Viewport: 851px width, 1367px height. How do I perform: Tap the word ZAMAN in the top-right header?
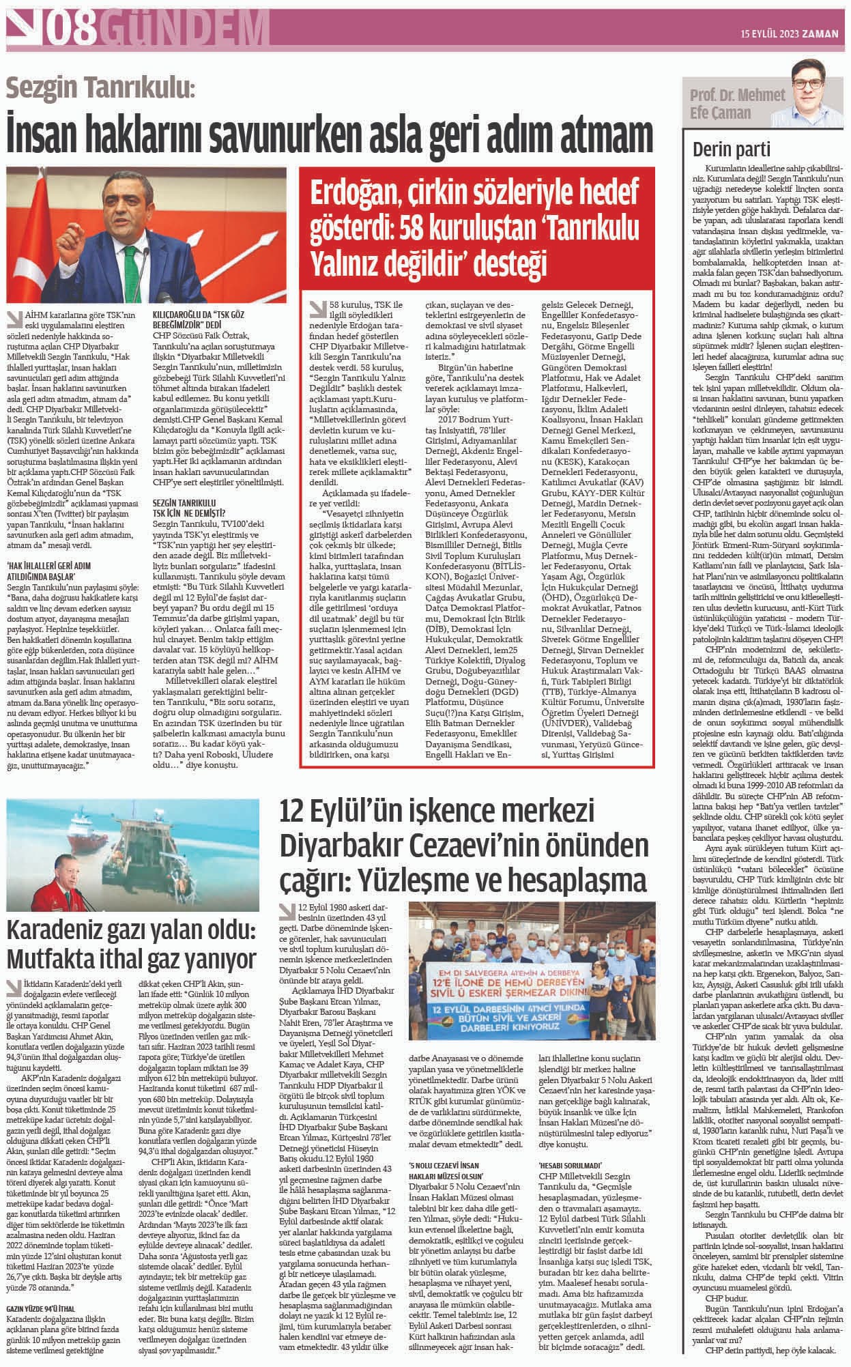click(x=821, y=32)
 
